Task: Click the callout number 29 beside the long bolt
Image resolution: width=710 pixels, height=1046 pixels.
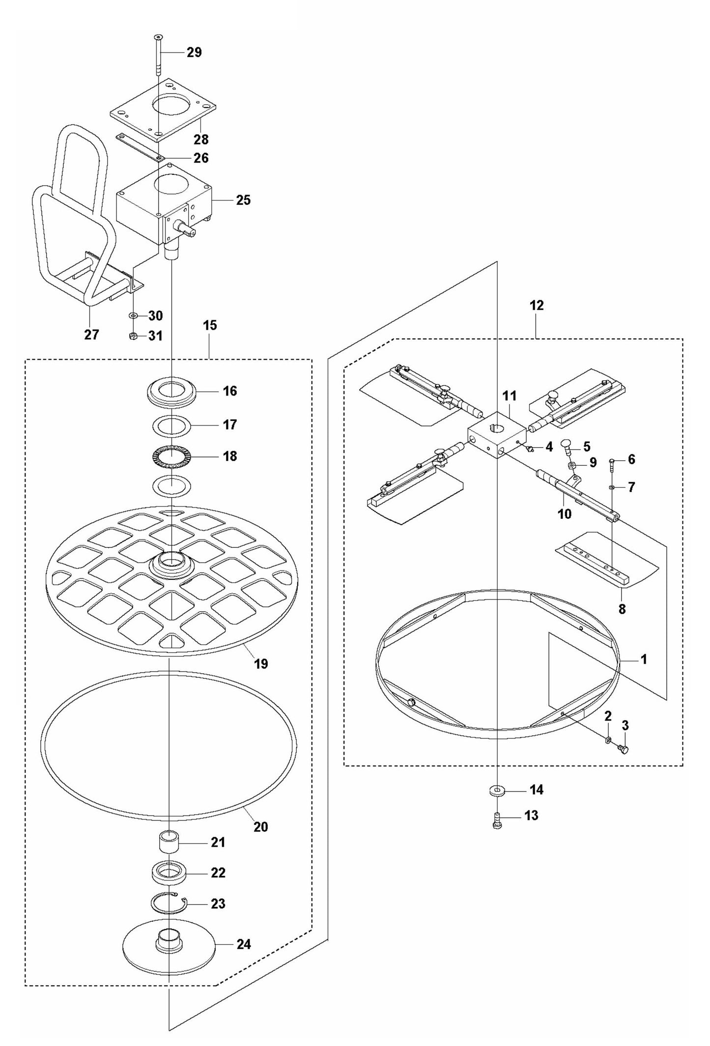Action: [x=194, y=52]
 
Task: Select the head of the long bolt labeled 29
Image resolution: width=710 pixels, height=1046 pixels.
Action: [x=158, y=37]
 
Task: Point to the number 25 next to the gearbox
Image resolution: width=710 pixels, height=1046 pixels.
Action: [x=243, y=200]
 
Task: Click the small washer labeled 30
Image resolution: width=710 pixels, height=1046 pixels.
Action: [x=134, y=315]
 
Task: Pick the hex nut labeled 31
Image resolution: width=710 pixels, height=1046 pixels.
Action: [x=132, y=336]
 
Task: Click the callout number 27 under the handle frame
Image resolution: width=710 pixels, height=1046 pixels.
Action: [x=91, y=335]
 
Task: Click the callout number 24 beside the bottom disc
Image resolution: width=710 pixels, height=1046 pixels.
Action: [x=244, y=944]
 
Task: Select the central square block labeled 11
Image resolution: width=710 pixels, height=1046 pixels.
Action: [x=497, y=435]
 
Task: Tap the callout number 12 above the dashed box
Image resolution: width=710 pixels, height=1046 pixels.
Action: [x=537, y=305]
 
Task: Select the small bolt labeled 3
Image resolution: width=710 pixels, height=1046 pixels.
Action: [x=625, y=749]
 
